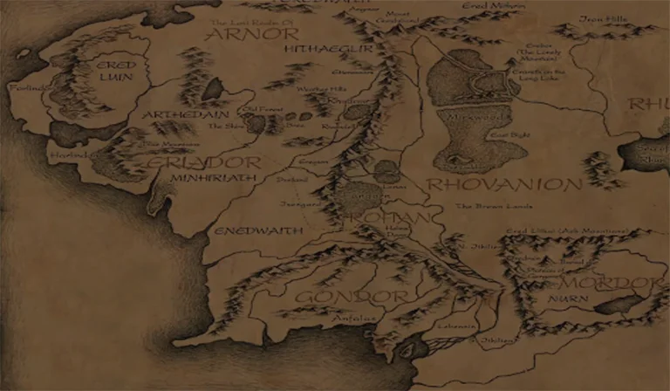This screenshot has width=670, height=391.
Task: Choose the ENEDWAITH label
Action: point(246,230)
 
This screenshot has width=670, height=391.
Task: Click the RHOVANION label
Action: point(504,185)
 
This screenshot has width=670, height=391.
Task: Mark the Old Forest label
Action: point(236,110)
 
